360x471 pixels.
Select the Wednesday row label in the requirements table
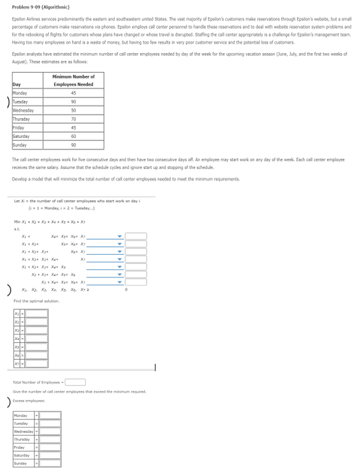(24, 110)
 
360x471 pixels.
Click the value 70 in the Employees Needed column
(73, 118)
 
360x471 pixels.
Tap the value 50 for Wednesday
(73, 110)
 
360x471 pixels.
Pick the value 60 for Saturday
(73, 135)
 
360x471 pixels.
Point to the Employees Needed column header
(73, 80)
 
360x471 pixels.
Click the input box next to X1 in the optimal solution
(37, 313)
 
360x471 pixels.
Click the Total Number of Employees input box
(76, 383)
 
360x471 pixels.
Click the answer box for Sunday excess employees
(50, 464)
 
